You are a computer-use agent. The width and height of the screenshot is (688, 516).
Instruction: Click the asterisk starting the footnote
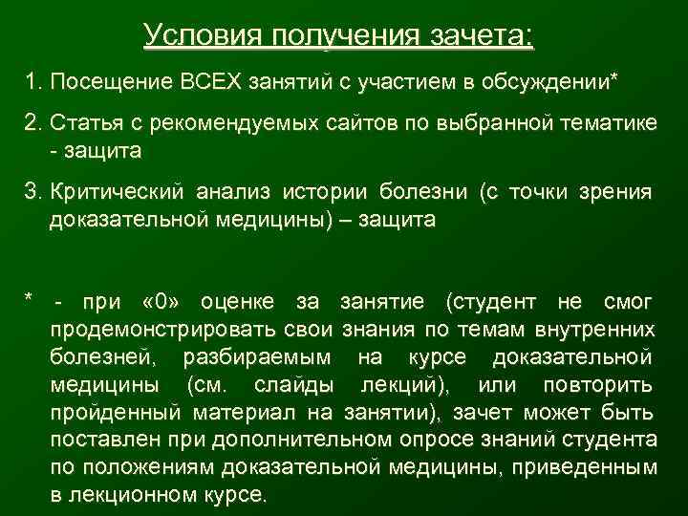[30, 301]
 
